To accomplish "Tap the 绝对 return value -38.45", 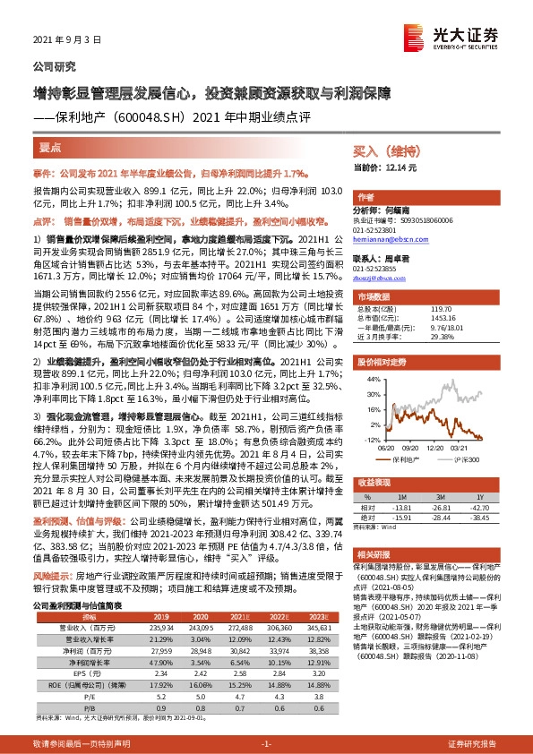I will pos(481,517).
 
